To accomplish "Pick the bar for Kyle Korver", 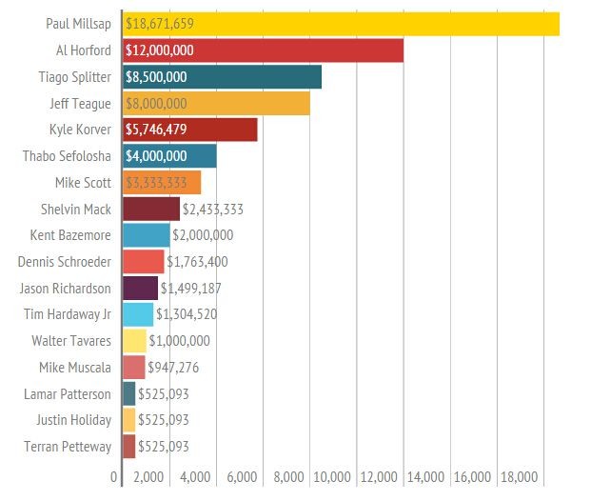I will (190, 130).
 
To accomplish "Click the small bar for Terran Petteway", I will (128, 446).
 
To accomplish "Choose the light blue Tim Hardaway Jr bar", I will (137, 314).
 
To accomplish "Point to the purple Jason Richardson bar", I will (140, 288).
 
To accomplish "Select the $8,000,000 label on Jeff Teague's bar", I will (156, 104).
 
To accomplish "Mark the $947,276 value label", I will (173, 367).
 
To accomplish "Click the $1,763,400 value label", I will (197, 261).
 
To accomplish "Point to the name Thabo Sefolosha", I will (67, 156).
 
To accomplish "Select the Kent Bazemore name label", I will (70, 234).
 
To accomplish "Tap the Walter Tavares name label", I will (71, 340).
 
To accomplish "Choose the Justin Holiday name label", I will (73, 419).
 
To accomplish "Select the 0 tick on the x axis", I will (114, 476).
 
